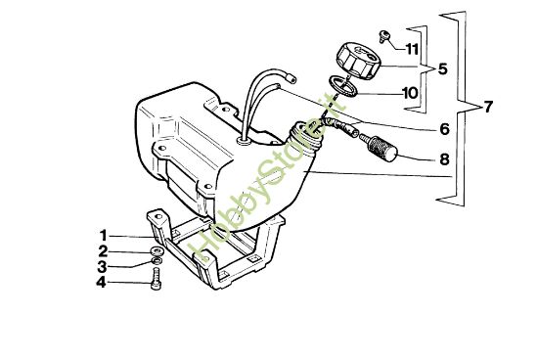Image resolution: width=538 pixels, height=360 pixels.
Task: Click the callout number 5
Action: point(442,70)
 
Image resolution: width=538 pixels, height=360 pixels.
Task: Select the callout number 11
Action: point(412,49)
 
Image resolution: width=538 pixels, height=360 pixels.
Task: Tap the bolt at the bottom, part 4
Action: point(156,285)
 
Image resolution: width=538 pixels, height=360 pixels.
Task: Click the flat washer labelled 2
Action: point(157,251)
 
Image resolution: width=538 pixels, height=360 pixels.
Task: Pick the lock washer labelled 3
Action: point(157,266)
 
